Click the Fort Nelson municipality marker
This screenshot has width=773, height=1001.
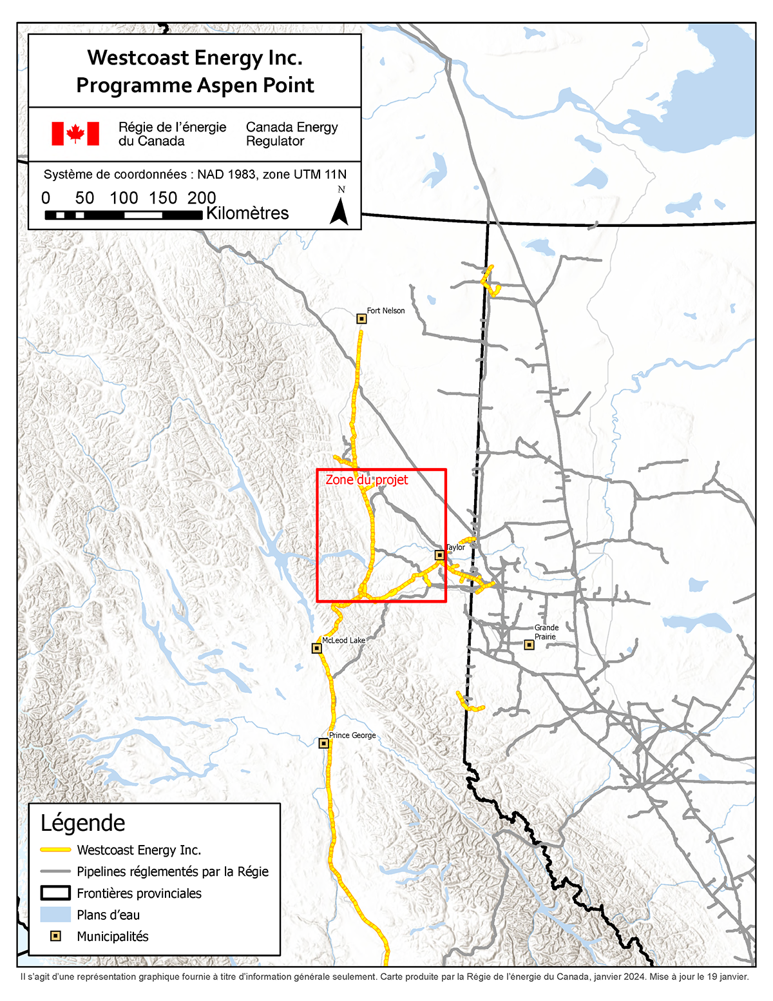click(361, 318)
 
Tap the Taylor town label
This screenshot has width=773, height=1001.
click(455, 547)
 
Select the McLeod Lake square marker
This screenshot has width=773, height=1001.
click(317, 648)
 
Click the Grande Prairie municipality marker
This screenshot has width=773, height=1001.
click(529, 645)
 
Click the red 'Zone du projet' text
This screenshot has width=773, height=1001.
click(367, 480)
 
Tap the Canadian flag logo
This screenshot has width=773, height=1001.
click(75, 133)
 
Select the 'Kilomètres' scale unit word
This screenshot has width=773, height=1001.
click(247, 213)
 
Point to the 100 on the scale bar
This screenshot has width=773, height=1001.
click(124, 198)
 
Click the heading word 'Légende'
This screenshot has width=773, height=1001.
click(83, 823)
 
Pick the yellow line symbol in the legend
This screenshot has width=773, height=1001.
click(55, 850)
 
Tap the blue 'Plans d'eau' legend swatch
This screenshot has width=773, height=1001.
click(55, 915)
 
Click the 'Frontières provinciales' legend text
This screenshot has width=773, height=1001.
click(139, 893)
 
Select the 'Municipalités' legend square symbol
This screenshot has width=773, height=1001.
click(55, 936)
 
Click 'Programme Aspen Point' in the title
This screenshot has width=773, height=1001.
click(195, 86)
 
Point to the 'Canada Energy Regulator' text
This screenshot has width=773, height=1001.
click(292, 134)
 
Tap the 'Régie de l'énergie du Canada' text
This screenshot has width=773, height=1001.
click(172, 134)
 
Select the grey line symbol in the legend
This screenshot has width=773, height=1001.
click(55, 871)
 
